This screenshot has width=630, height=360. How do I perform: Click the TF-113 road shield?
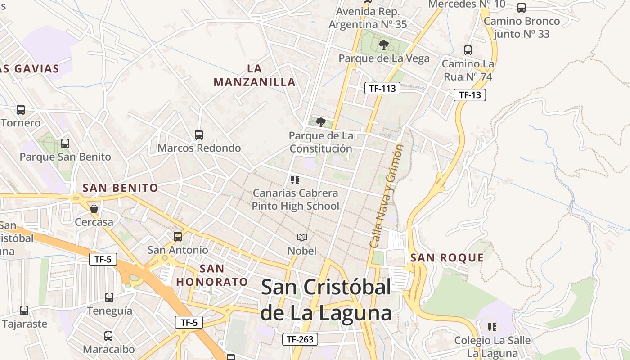tap(382, 88)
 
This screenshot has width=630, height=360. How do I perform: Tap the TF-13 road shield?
tap(470, 95)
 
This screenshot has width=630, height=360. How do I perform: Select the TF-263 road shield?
tap(300, 339)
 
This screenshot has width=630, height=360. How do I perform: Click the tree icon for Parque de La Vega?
tap(384, 45)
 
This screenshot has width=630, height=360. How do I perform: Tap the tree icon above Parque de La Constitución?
tap(320, 122)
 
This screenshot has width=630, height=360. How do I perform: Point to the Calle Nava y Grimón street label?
tap(386, 196)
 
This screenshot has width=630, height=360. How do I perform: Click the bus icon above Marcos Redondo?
tap(199, 135)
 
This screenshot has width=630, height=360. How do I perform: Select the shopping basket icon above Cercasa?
tap(94, 209)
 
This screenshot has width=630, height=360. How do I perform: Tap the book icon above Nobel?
tap(302, 237)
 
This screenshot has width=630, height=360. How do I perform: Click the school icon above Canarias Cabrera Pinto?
tap(295, 180)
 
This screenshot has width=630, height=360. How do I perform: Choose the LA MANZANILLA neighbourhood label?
tap(255, 75)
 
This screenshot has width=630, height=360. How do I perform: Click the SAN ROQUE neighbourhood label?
tap(447, 258)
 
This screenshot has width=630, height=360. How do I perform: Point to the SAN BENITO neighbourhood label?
tap(120, 188)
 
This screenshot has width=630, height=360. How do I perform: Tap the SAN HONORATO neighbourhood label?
tap(212, 275)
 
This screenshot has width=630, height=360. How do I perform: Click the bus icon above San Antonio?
tap(178, 236)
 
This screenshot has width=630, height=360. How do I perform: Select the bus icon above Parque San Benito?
tap(65, 144)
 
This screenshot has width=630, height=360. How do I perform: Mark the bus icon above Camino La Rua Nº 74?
tap(468, 50)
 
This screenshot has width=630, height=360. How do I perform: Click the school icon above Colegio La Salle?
tap(492, 327)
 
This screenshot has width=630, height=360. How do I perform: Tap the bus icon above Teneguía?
tap(109, 297)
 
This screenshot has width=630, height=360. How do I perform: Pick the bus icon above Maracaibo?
tap(108, 336)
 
